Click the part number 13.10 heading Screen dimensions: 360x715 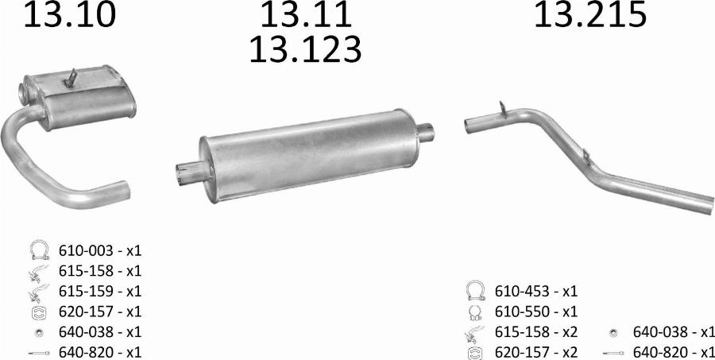[x=69, y=15]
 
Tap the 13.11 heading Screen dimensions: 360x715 [x=306, y=15]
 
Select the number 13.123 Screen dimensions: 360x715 [x=306, y=49]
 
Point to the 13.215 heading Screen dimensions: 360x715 [x=589, y=15]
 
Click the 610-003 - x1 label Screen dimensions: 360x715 [x=100, y=250]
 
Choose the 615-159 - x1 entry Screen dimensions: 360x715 [x=100, y=291]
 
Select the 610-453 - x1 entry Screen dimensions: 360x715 [x=536, y=290]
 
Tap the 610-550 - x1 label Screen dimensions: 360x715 [x=536, y=311]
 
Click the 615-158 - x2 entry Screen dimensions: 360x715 [x=536, y=331]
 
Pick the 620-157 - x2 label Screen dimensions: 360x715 [x=536, y=352]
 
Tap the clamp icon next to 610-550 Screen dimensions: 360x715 [x=474, y=312]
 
